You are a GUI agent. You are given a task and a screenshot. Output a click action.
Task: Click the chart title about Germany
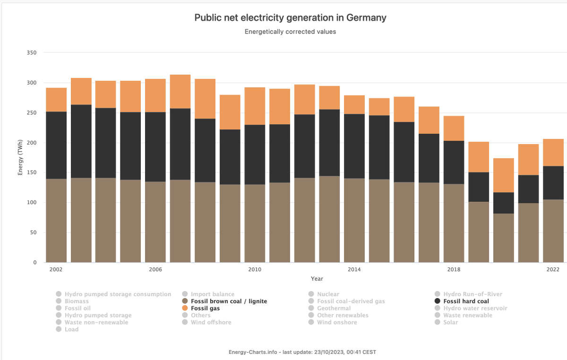point(290,18)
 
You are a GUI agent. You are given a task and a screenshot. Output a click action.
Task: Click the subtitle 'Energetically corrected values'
point(290,32)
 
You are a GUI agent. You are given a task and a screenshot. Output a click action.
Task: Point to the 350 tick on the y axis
point(31,52)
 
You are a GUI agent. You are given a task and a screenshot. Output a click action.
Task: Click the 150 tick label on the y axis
point(31,172)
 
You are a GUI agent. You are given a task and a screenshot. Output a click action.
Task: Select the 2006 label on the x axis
point(155,269)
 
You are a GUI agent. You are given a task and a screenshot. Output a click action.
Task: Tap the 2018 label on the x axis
point(454,269)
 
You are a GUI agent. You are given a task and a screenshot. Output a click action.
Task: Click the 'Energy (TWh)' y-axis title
point(20,157)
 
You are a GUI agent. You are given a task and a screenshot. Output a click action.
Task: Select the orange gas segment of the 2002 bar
point(56,100)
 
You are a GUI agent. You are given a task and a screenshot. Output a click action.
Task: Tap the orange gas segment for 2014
point(354,104)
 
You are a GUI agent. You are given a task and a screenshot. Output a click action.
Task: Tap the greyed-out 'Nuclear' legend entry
point(327,294)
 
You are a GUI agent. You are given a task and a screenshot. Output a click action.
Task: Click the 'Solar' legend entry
point(450,322)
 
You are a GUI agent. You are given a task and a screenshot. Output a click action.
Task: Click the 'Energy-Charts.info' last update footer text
point(302,352)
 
